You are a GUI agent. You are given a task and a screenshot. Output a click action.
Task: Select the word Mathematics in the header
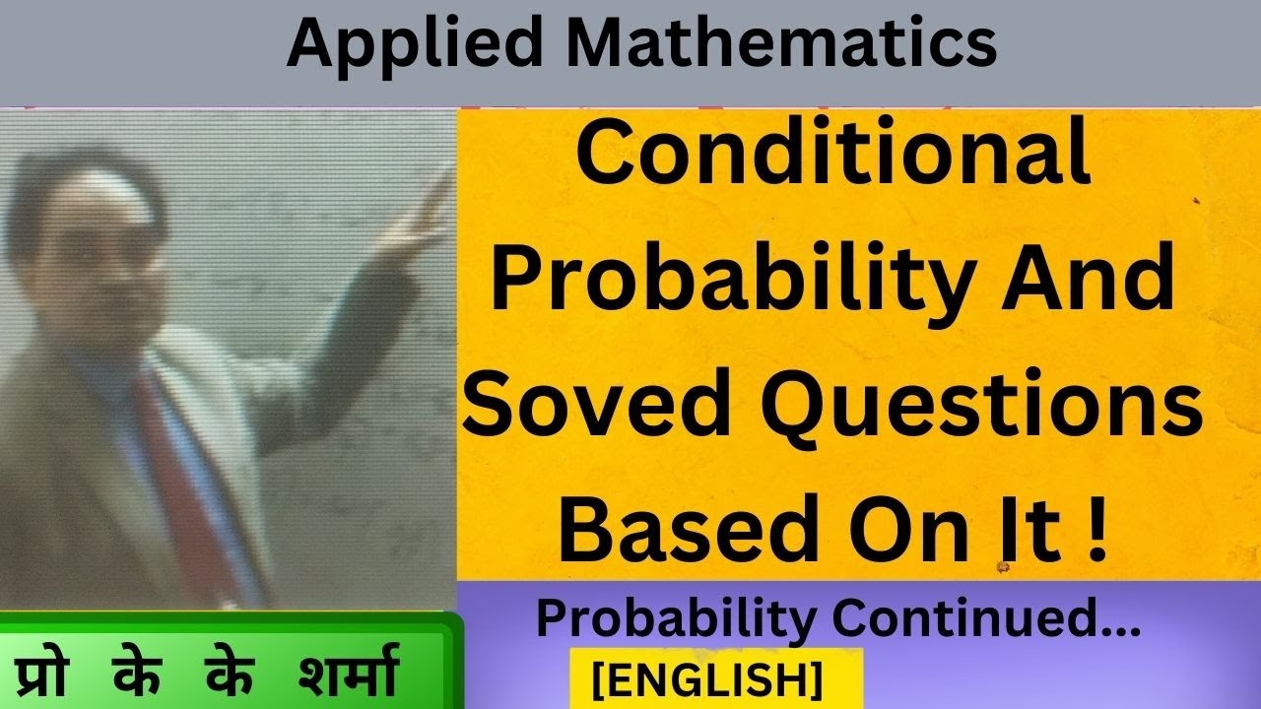[782, 42]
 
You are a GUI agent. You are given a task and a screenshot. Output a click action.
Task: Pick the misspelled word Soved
[594, 403]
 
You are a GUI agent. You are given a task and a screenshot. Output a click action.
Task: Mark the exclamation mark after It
[1097, 528]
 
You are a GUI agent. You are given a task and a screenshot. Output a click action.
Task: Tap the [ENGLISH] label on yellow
[707, 680]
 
